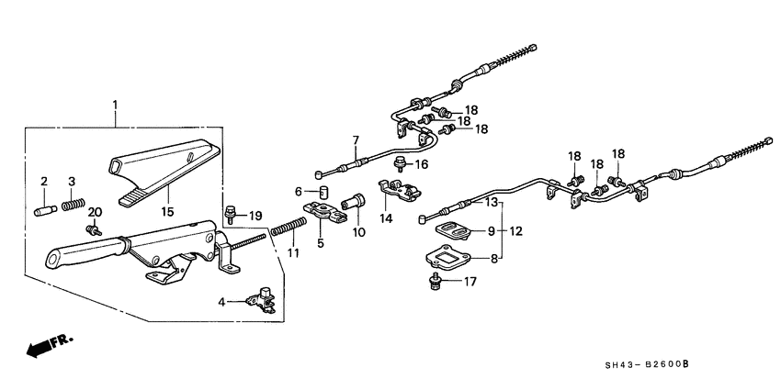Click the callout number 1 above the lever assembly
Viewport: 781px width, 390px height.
click(115, 106)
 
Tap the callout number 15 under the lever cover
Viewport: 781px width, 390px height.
click(167, 212)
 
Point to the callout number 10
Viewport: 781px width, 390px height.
click(359, 232)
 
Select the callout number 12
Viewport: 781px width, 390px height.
click(516, 230)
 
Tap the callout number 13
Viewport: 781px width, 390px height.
click(492, 202)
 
